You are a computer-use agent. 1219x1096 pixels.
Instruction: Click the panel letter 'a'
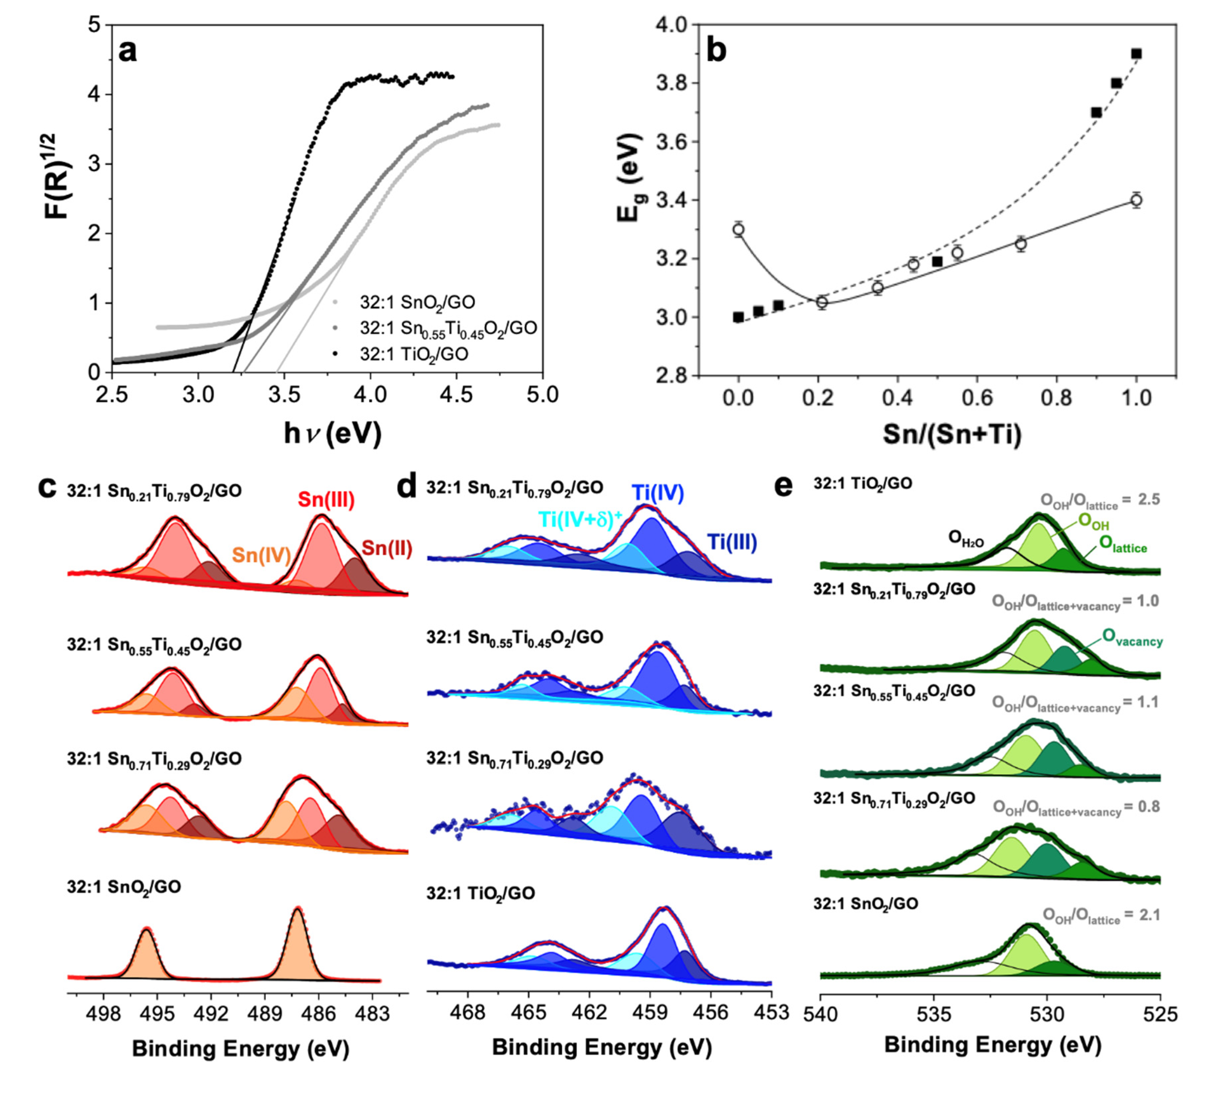pos(127,52)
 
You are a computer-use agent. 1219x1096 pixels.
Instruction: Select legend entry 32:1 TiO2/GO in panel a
pos(413,353)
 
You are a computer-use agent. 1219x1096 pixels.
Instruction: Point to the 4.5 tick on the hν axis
pos(456,395)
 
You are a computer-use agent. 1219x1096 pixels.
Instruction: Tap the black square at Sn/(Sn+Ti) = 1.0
pos(1136,54)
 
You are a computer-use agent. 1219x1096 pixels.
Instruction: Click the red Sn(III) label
pos(326,500)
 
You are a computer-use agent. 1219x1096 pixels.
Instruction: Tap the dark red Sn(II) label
pos(386,548)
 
